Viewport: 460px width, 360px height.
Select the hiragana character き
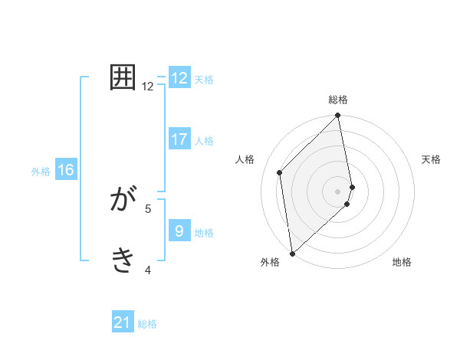pyautogui.click(x=123, y=260)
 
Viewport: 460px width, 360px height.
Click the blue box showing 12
pyautogui.click(x=179, y=78)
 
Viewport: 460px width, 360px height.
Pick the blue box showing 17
pyautogui.click(x=179, y=139)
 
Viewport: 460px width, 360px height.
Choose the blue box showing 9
pyautogui.click(x=179, y=231)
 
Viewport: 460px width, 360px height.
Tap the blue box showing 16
pyautogui.click(x=66, y=170)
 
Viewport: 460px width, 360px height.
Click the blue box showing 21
pyautogui.click(x=123, y=323)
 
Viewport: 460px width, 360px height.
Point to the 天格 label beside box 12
pyautogui.click(x=204, y=80)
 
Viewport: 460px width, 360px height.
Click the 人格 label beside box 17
pyautogui.click(x=204, y=141)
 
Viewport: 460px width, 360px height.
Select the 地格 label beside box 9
pyautogui.click(x=204, y=233)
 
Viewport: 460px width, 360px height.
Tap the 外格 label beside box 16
pyautogui.click(x=41, y=172)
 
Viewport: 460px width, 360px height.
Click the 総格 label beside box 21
pyautogui.click(x=147, y=325)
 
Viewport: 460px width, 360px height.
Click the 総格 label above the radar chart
pyautogui.click(x=338, y=100)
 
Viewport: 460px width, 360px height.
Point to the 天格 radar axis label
pyautogui.click(x=432, y=159)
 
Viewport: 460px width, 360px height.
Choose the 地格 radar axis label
pyautogui.click(x=402, y=262)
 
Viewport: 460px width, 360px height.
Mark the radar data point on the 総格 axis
pyautogui.click(x=338, y=116)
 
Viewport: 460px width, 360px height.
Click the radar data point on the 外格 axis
pyautogui.click(x=292, y=254)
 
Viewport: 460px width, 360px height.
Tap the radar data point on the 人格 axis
pyautogui.click(x=280, y=172)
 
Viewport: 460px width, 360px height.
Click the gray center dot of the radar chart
pyautogui.click(x=338, y=191)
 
